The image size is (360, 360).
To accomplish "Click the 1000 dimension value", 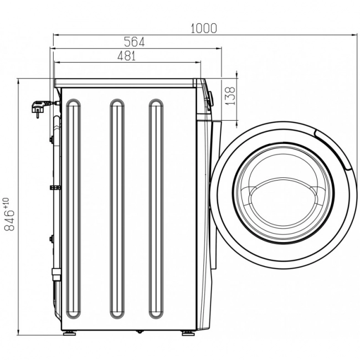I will coord(203,28).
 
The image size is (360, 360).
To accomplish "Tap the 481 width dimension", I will coord(127,56).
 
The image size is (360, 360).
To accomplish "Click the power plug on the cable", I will coord(39,107).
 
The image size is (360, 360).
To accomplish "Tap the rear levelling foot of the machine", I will coord(69,333).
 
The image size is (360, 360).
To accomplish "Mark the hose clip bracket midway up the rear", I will coord(55,188).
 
